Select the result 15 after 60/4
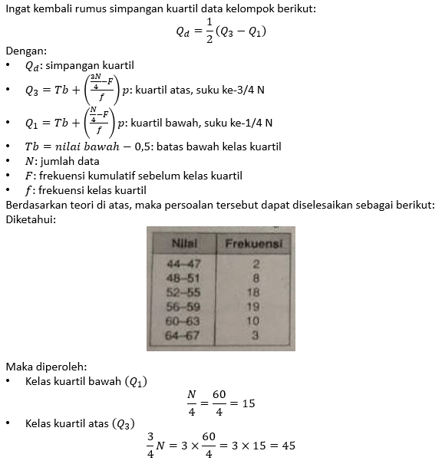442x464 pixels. click(x=247, y=402)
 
